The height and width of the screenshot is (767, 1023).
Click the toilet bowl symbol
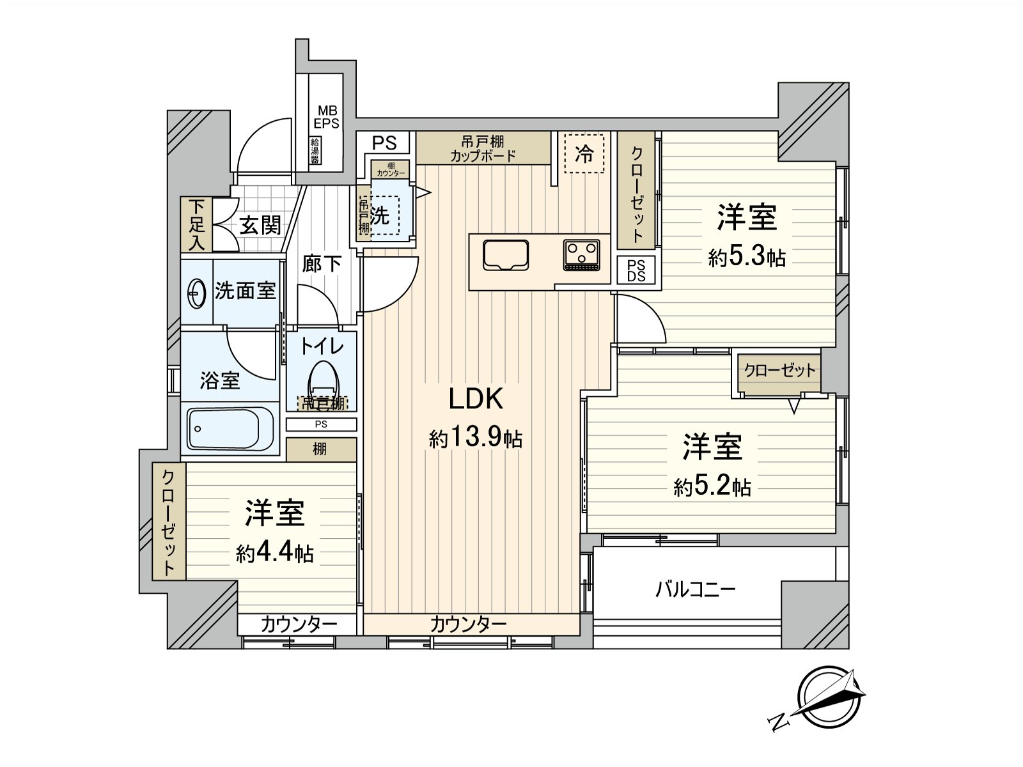click(323, 381)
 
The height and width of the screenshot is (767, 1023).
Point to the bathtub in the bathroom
click(230, 429)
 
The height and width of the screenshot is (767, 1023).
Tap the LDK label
click(476, 399)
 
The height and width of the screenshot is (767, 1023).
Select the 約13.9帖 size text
click(476, 438)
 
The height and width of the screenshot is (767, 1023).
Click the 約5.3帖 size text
click(746, 258)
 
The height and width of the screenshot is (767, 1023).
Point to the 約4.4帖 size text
click(274, 553)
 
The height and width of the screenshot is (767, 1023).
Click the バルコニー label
click(695, 589)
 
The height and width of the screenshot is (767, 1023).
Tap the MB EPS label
click(326, 118)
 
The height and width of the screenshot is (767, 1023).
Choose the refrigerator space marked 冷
click(584, 153)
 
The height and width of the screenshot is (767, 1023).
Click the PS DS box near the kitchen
click(636, 270)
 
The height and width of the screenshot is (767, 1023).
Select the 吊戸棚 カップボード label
click(483, 148)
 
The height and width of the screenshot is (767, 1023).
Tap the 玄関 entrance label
click(260, 225)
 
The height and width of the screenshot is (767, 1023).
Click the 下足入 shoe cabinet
click(196, 224)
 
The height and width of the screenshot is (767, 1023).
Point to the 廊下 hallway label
click(322, 263)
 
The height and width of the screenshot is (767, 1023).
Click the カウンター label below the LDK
click(468, 624)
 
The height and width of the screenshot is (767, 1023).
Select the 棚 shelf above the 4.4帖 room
click(320, 449)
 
